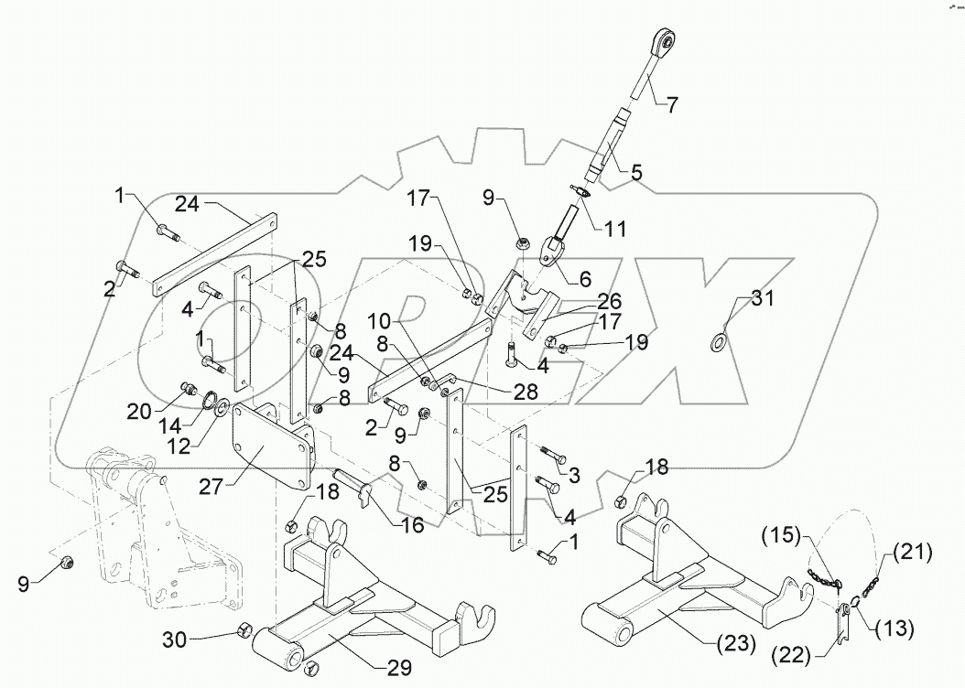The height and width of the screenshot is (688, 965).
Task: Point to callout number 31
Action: pos(763,296)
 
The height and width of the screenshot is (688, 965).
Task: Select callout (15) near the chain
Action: pos(786,533)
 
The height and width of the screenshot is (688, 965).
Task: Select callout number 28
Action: pos(502,392)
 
